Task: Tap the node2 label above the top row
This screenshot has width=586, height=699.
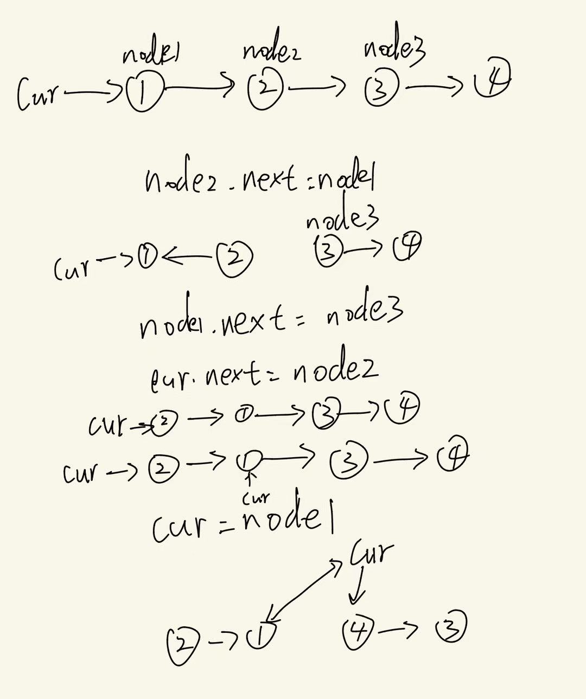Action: coord(271,52)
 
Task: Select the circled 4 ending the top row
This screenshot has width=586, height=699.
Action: coord(492,82)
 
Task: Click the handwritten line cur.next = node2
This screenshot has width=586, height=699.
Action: coord(264,374)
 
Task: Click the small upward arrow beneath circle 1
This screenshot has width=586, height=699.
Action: coord(250,479)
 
